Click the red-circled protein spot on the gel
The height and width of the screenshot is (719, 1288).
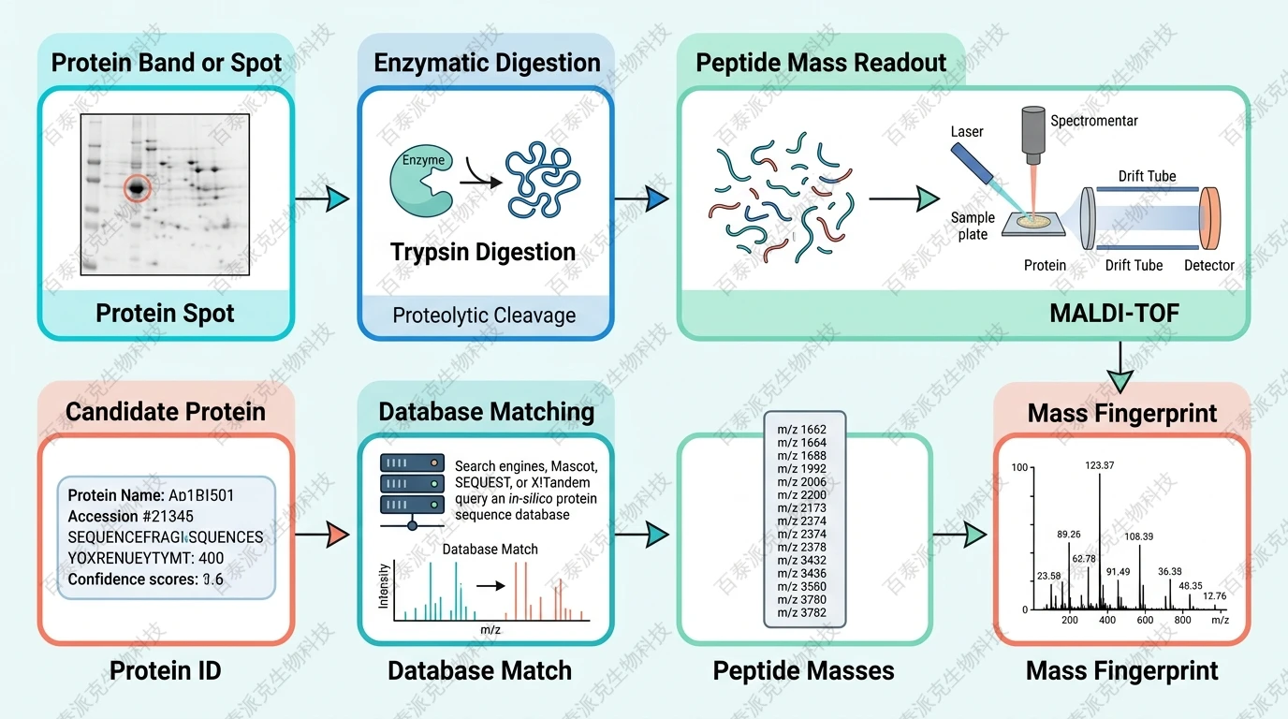pos(138,189)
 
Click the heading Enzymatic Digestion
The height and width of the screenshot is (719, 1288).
pos(487,63)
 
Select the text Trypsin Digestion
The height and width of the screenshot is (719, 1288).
pos(483,252)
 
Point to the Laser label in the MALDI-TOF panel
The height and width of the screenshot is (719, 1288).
pos(967,132)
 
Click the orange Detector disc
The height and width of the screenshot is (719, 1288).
pos(1211,218)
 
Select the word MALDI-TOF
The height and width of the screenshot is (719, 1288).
pos(1114,313)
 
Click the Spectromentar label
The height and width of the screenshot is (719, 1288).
pos(1094,121)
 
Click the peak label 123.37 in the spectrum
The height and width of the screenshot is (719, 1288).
pos(1100,465)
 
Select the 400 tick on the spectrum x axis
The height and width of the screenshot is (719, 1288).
pos(1107,620)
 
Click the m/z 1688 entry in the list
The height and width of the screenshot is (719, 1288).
pos(802,456)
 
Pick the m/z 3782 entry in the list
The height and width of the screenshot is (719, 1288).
pos(802,613)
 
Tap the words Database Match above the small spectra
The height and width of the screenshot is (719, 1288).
pos(490,550)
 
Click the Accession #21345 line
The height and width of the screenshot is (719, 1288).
pos(131,516)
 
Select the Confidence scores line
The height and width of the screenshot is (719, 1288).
pos(146,580)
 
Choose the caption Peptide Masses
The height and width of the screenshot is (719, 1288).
pos(803,670)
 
